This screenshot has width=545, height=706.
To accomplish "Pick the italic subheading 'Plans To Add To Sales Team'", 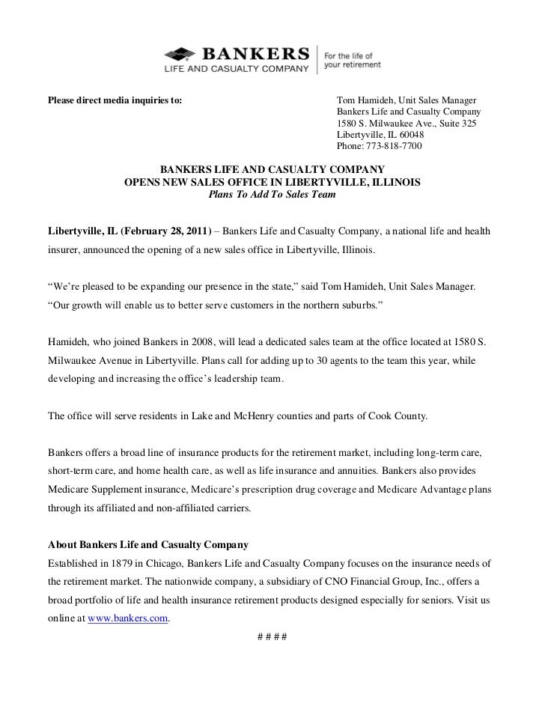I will tap(272, 195).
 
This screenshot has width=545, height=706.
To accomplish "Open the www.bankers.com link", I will tap(128, 618).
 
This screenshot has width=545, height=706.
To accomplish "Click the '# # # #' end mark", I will tap(272, 637).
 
